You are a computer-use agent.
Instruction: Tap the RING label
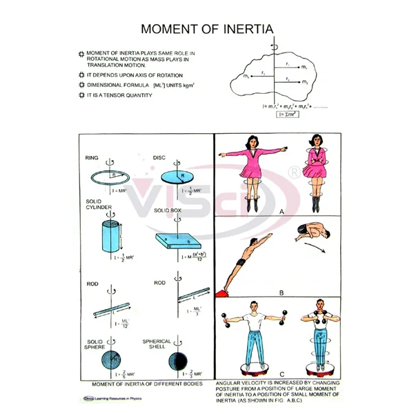point(92,158)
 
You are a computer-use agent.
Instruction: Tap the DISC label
point(160,158)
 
